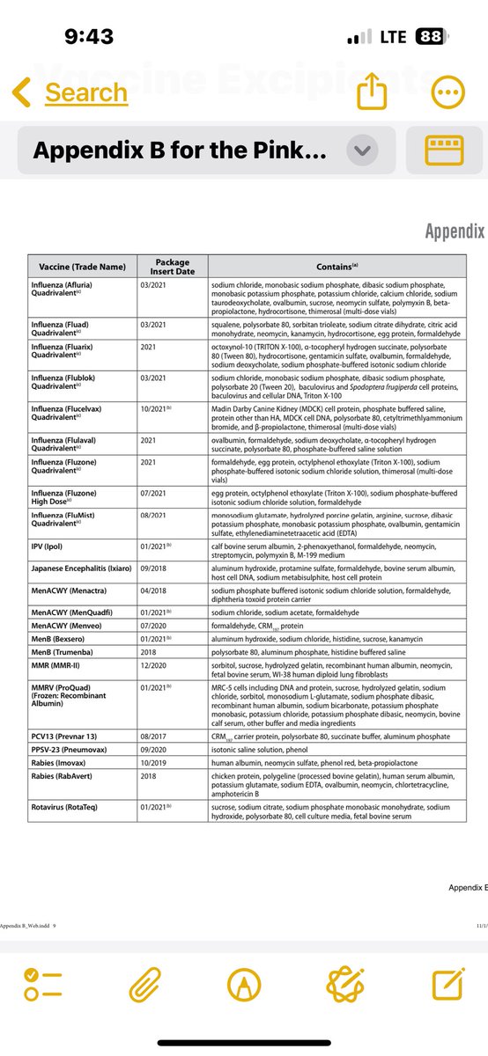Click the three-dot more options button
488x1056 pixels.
pyautogui.click(x=449, y=92)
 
